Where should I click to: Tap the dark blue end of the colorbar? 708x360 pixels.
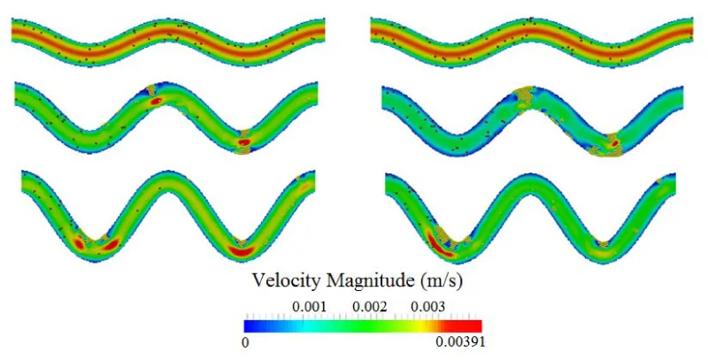pyautogui.click(x=250, y=325)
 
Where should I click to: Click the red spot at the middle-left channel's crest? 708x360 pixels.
pyautogui.click(x=157, y=101)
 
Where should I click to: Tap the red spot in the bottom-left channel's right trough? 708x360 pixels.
pyautogui.click(x=240, y=249)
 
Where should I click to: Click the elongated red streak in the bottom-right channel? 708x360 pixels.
pyautogui.click(x=437, y=241)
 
